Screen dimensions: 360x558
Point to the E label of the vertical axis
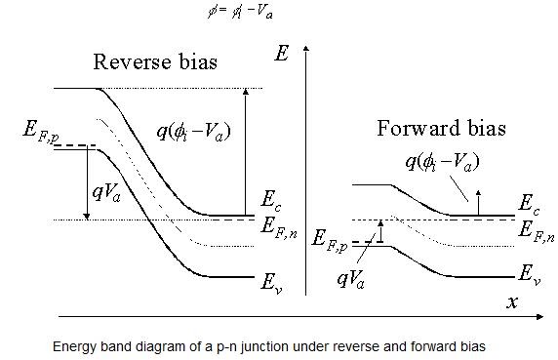(x=282, y=54)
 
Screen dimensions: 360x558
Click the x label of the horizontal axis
(x=511, y=302)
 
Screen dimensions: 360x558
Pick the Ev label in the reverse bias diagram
(x=270, y=285)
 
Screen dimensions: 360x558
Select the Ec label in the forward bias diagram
(x=528, y=206)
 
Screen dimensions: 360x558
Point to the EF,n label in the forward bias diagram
(x=536, y=231)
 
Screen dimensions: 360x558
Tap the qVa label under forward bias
(x=358, y=278)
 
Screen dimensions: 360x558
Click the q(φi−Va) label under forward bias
(x=442, y=161)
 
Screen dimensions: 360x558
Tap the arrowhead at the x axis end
(x=542, y=316)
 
